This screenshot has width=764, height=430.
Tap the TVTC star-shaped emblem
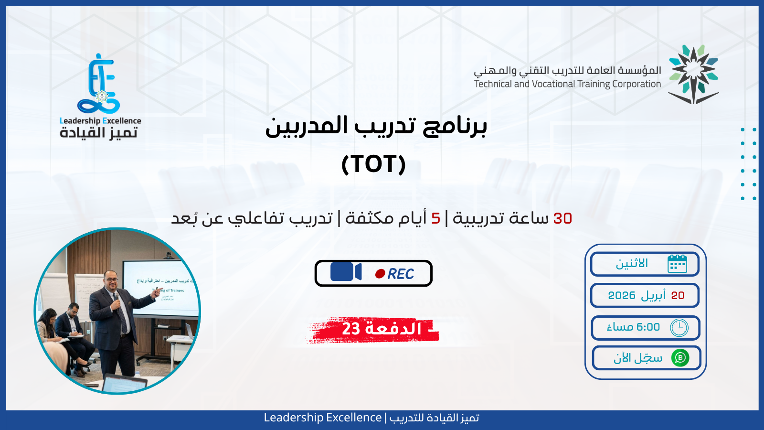coord(693,74)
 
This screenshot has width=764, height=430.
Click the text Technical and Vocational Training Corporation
coord(567,84)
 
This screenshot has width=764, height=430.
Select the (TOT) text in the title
coord(373,164)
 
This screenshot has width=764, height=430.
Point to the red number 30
coord(562,218)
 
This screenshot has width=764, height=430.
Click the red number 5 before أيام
coord(435,218)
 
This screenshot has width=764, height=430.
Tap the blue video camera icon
coord(346,272)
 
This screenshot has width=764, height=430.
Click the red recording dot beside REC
coord(380,274)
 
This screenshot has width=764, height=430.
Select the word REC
coord(401,274)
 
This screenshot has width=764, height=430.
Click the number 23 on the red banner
coord(351,329)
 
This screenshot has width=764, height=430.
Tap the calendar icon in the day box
coord(677,264)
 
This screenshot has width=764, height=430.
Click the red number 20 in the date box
coord(678,296)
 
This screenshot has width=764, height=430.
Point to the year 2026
coord(622,296)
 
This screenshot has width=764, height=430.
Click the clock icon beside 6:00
coord(679,328)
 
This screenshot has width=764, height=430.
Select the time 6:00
coord(648,327)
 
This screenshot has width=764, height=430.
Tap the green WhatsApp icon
coord(680,358)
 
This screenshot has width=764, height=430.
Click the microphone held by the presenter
coord(116,297)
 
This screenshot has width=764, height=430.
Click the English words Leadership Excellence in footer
coord(322,418)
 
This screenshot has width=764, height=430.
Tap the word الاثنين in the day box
coord(632,264)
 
